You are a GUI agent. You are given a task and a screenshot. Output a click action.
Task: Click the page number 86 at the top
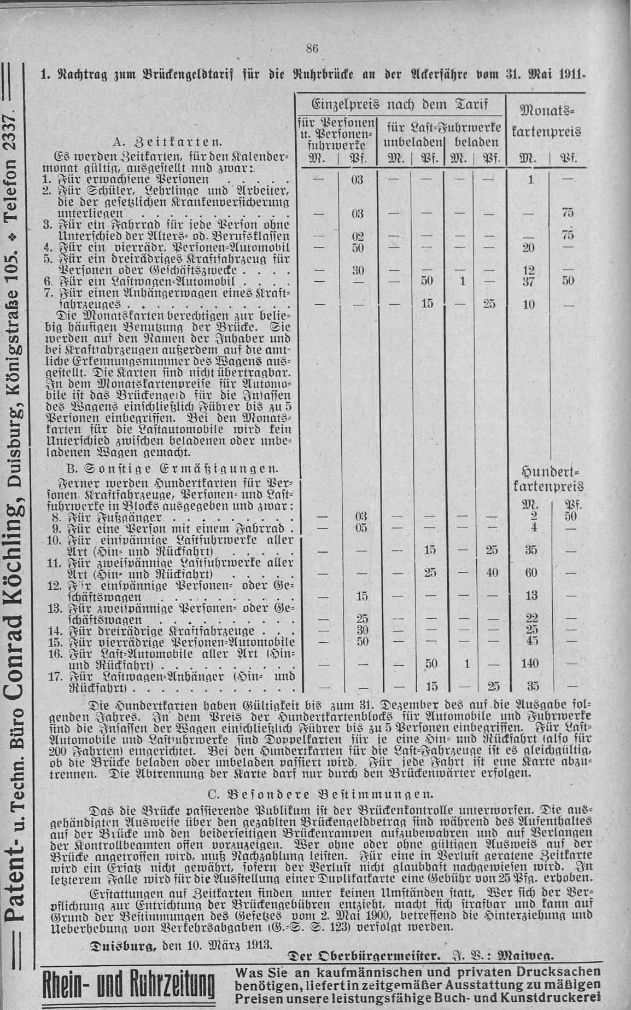(x=312, y=48)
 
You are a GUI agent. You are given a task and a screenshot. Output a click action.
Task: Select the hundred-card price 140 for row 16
(x=530, y=663)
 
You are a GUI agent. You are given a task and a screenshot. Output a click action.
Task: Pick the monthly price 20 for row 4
(x=528, y=248)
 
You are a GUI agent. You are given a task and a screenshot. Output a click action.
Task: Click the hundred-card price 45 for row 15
(x=531, y=641)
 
